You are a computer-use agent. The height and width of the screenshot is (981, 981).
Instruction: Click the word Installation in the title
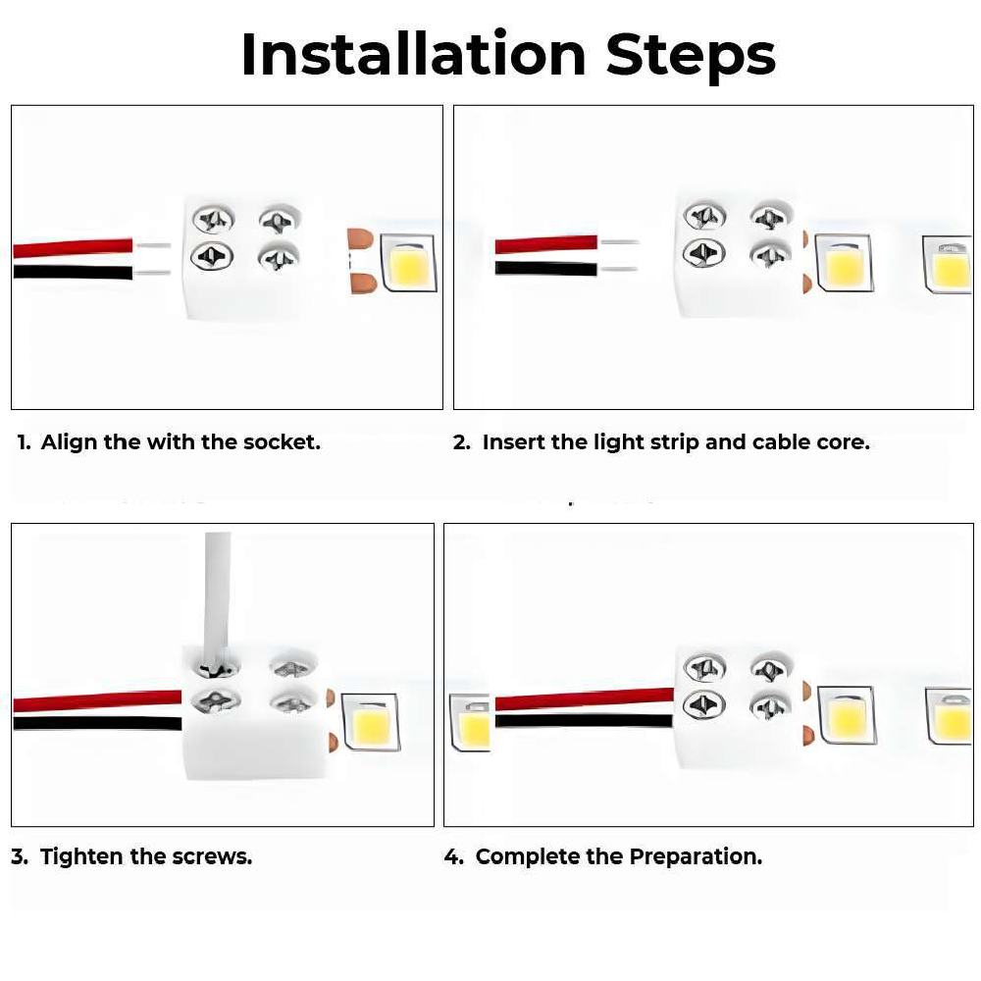tap(414, 54)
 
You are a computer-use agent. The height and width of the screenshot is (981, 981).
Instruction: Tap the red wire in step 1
tap(73, 248)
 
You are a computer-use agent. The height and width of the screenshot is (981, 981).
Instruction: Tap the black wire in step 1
tap(73, 272)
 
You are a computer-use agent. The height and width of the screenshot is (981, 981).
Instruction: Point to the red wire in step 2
tap(545, 243)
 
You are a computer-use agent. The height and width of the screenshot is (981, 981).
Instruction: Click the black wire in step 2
tap(545, 269)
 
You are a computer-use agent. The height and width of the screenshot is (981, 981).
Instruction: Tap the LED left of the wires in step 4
tap(470, 723)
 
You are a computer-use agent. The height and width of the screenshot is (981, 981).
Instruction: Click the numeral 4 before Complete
tap(451, 856)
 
